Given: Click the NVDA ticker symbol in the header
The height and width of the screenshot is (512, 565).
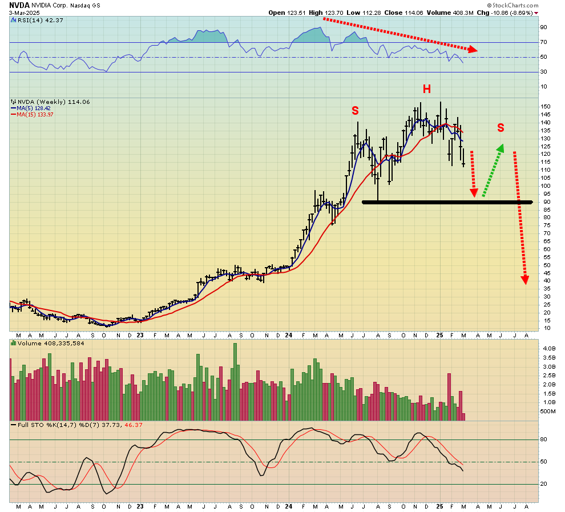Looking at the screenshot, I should [x=19, y=5].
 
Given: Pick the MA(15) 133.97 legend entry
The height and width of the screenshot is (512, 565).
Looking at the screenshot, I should [x=32, y=114].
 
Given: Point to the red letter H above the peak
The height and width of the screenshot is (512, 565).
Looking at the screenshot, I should [x=426, y=89].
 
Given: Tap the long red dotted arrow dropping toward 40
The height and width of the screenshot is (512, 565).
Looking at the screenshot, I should [x=520, y=217].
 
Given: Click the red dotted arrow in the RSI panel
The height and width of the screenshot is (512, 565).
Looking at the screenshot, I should [x=399, y=34].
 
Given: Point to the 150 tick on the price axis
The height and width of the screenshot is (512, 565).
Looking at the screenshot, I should [x=546, y=107].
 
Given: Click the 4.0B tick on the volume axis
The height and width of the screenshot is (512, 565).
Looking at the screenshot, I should [x=548, y=348].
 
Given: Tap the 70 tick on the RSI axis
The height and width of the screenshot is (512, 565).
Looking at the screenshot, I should [x=544, y=42].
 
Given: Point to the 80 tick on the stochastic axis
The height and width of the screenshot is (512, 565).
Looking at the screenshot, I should [x=544, y=439].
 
